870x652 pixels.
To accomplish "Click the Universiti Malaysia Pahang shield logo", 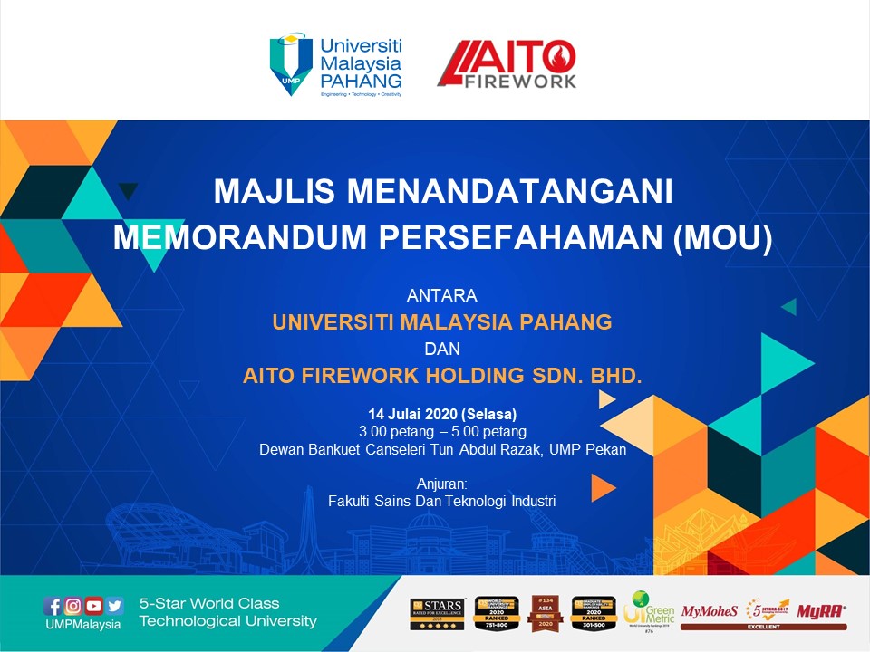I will [x=290, y=63].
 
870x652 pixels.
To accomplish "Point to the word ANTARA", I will [x=442, y=295].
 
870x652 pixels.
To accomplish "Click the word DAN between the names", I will [x=442, y=348].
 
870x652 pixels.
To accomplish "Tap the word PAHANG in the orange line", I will [x=566, y=321].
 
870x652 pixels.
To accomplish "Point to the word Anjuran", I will [x=441, y=484].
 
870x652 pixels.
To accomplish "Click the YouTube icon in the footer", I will [x=94, y=607].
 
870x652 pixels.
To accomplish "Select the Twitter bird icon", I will [x=115, y=607].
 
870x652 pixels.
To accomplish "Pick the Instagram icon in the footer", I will [x=73, y=607].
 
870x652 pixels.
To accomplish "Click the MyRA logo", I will [x=821, y=611].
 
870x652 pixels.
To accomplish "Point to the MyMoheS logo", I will [x=709, y=611].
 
